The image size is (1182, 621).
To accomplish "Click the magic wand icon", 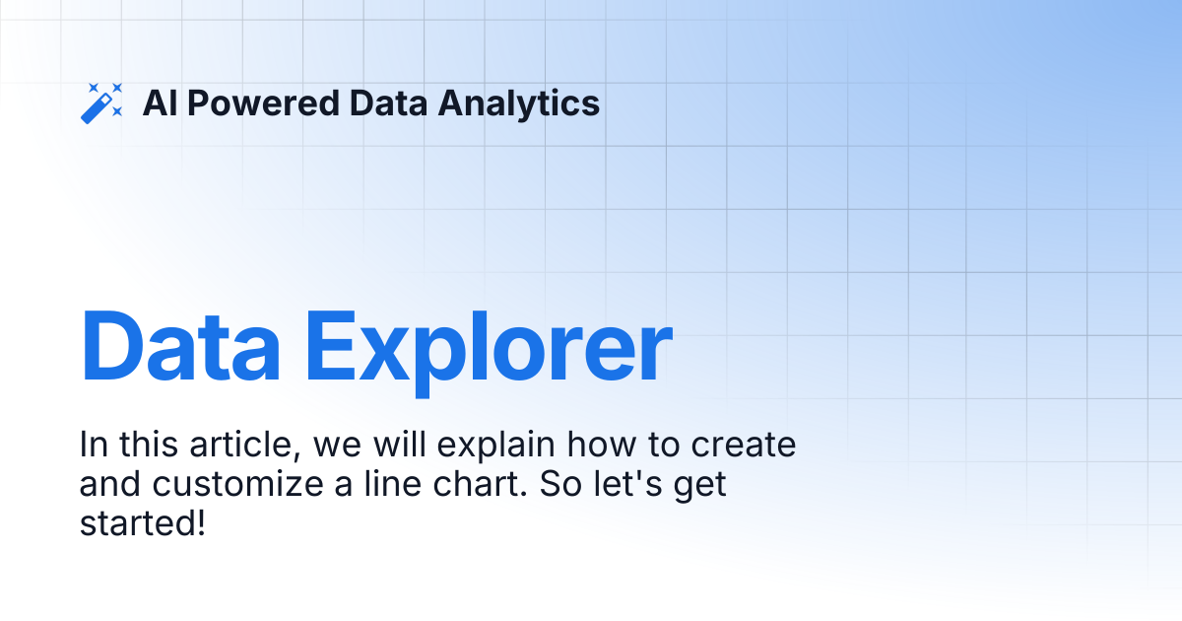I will [x=101, y=103].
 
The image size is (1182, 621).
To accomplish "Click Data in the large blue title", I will [x=181, y=348].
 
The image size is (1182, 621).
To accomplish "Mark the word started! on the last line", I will [x=142, y=523].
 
